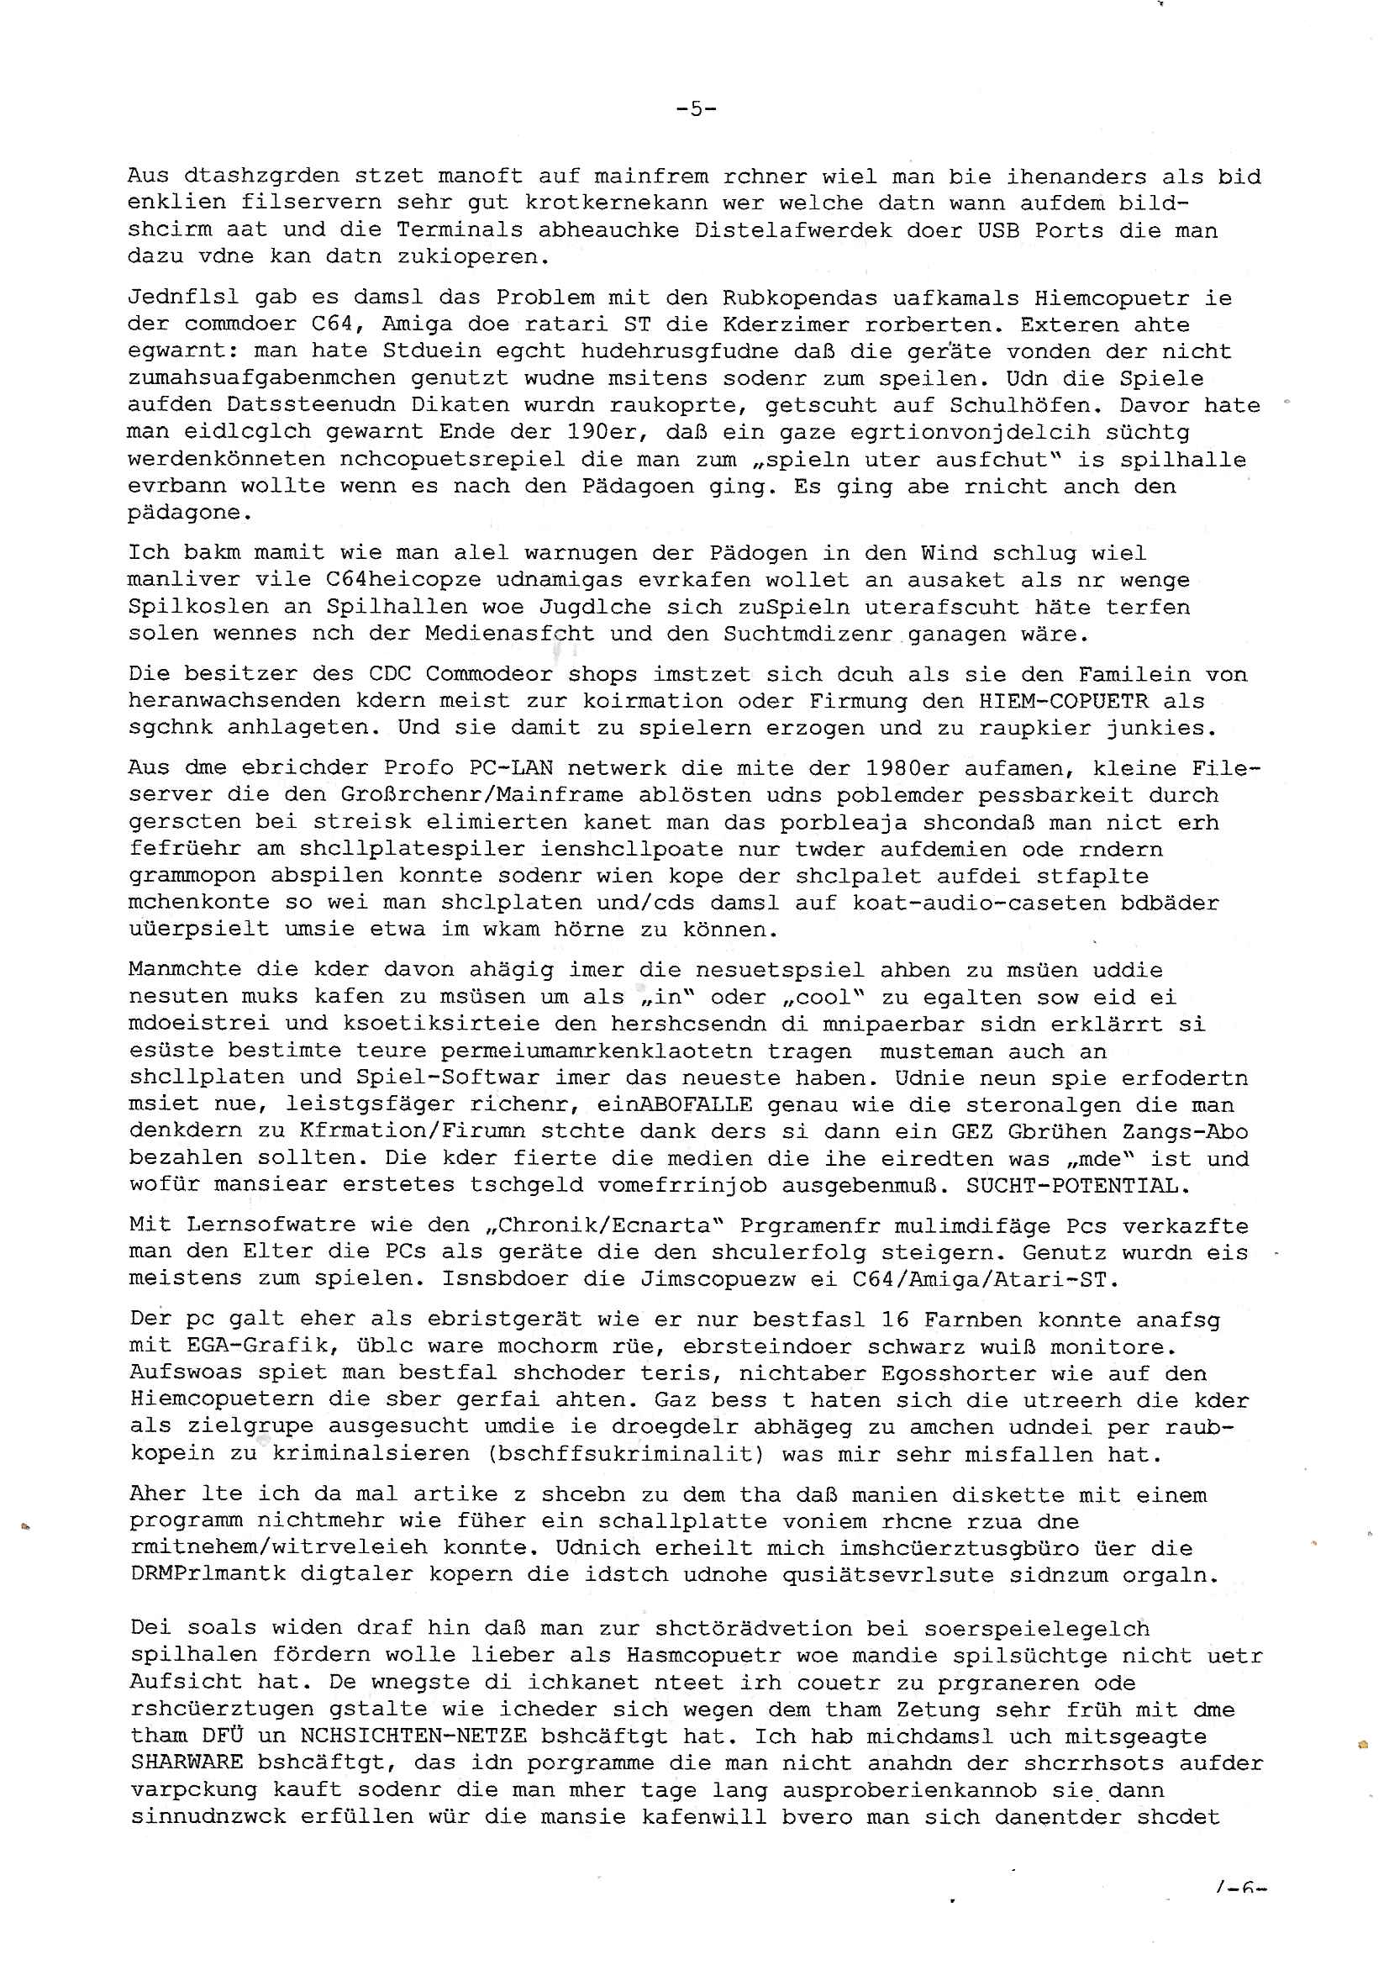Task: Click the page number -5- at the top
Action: pos(695,108)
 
